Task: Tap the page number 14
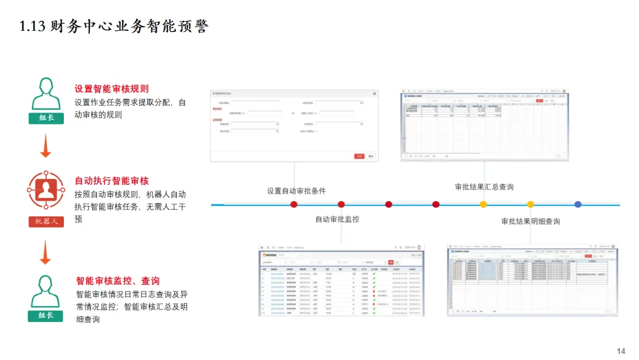pyautogui.click(x=621, y=351)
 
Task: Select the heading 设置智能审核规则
pyautogui.click(x=111, y=89)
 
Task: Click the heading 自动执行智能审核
pyautogui.click(x=111, y=181)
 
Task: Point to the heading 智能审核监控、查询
pyautogui.click(x=118, y=281)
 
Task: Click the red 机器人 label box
pyautogui.click(x=46, y=221)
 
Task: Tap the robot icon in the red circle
pyautogui.click(x=46, y=189)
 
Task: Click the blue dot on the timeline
pyautogui.click(x=577, y=204)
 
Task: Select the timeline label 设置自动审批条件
pyautogui.click(x=296, y=191)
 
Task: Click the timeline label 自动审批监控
pyautogui.click(x=337, y=219)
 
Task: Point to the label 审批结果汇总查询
pyautogui.click(x=484, y=187)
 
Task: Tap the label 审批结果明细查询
pyautogui.click(x=530, y=221)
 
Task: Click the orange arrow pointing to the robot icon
pyautogui.click(x=46, y=146)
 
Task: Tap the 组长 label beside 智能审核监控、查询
pyautogui.click(x=46, y=316)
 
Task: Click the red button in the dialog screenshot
pyautogui.click(x=359, y=156)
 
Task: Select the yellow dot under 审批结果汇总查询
pyautogui.click(x=483, y=204)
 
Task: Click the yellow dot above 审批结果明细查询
pyautogui.click(x=530, y=204)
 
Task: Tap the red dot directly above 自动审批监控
pyautogui.click(x=341, y=204)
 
